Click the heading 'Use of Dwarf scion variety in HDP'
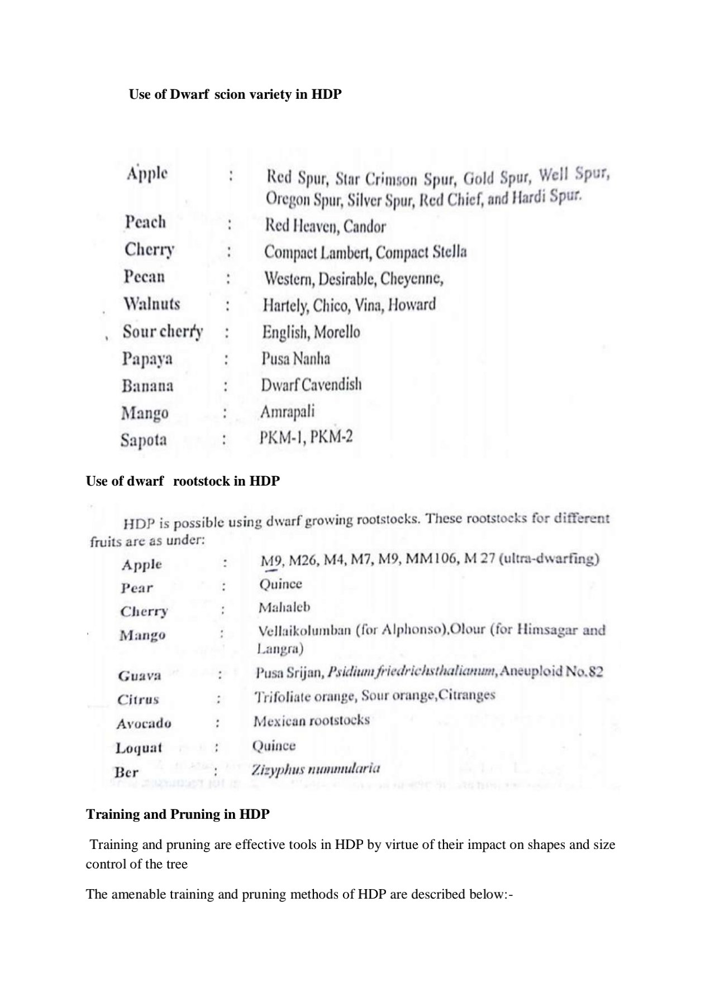[235, 94]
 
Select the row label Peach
[145, 222]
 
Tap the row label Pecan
[144, 276]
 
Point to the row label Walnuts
[152, 304]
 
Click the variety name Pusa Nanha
[296, 358]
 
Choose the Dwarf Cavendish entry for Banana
[311, 385]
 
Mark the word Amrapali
[287, 412]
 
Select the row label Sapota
[144, 440]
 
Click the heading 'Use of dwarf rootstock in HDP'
[183, 481]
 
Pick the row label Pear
[137, 588]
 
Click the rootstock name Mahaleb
[284, 607]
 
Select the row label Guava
[140, 676]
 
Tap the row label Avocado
[144, 724]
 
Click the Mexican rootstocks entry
[311, 721]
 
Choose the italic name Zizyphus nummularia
[316, 769]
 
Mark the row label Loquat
[139, 748]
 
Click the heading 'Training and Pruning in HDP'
[178, 814]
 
